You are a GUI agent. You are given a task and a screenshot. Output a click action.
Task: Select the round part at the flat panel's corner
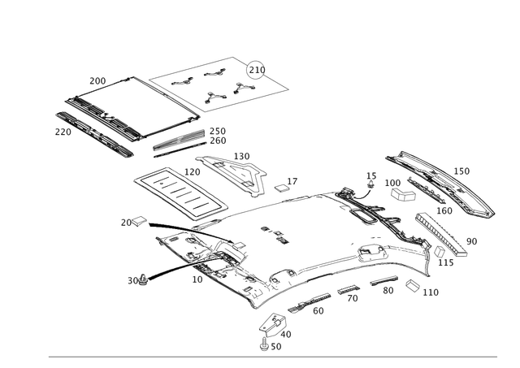point(257,68)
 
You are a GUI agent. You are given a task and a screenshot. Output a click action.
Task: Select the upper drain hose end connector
point(135,220)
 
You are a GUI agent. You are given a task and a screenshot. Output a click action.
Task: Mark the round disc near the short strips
point(412,287)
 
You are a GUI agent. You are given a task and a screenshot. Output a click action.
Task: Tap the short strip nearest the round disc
point(382,281)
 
